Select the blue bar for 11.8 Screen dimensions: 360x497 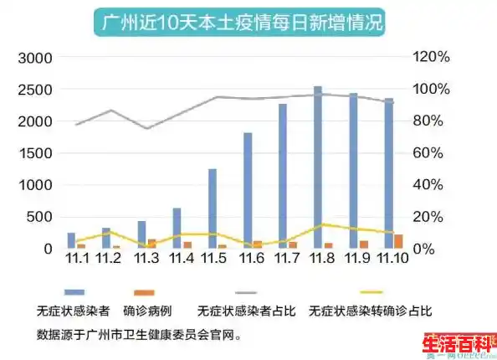click(x=318, y=167)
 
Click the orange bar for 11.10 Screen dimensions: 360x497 click(x=398, y=241)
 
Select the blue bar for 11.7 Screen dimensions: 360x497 click(x=283, y=176)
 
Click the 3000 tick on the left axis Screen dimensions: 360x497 click(x=34, y=58)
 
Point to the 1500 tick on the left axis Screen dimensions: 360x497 click(x=34, y=153)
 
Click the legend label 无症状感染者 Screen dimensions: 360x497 click(x=73, y=311)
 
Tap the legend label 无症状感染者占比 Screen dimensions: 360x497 click(x=245, y=311)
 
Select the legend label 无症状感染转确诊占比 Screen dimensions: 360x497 click(x=370, y=311)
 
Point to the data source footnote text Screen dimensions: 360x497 click(x=140, y=332)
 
